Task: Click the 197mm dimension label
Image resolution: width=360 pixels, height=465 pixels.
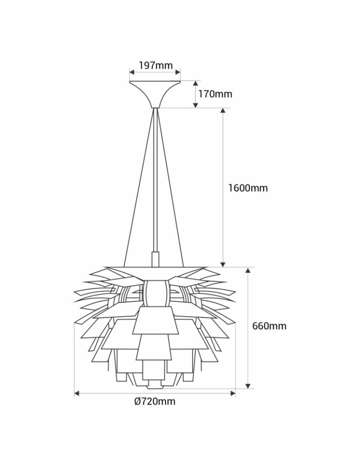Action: (x=155, y=65)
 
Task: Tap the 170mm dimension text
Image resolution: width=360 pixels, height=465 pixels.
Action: (x=215, y=94)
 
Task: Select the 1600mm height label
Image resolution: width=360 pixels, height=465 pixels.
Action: (x=247, y=188)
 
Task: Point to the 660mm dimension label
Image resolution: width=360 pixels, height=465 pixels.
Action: (x=269, y=326)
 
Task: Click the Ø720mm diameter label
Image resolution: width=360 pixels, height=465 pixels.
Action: (x=154, y=401)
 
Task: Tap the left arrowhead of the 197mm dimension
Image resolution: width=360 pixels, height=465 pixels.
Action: (x=132, y=73)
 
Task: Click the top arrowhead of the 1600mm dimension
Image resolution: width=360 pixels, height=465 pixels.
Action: (x=223, y=111)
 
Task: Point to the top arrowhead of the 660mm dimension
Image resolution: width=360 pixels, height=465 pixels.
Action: (x=248, y=271)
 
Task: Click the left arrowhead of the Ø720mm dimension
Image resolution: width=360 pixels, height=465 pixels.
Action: (x=77, y=393)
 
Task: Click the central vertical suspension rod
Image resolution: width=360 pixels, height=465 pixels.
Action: (x=155, y=186)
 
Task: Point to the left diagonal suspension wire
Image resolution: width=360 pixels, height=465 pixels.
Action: (x=138, y=186)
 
